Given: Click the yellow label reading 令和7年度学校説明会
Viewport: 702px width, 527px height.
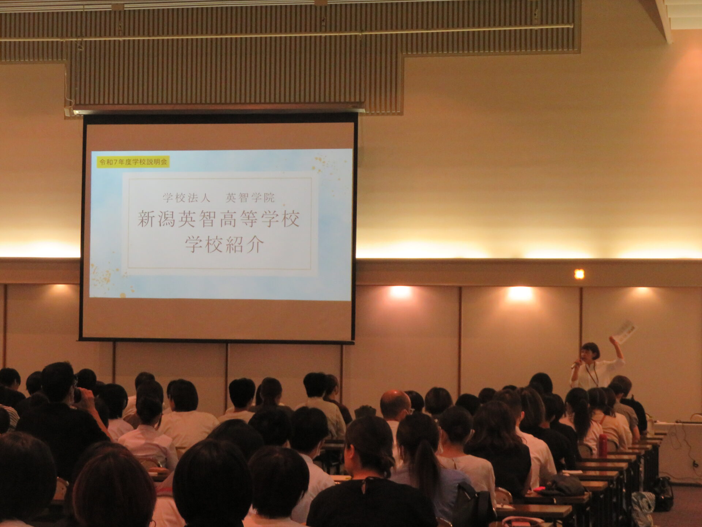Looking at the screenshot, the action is (133, 162).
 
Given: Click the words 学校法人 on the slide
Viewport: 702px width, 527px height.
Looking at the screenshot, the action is (187, 198).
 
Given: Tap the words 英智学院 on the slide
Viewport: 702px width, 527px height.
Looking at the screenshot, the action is (250, 198).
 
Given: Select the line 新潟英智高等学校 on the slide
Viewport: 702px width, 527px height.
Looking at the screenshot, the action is (219, 219).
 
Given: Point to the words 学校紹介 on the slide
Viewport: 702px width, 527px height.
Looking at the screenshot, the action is (224, 244).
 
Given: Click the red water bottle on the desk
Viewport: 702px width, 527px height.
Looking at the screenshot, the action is (603, 444).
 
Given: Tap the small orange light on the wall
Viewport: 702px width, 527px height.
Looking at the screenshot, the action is (579, 274).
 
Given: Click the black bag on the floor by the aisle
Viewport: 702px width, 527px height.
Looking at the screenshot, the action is (663, 493).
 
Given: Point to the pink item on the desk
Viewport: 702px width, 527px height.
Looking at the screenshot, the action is (539, 489).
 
